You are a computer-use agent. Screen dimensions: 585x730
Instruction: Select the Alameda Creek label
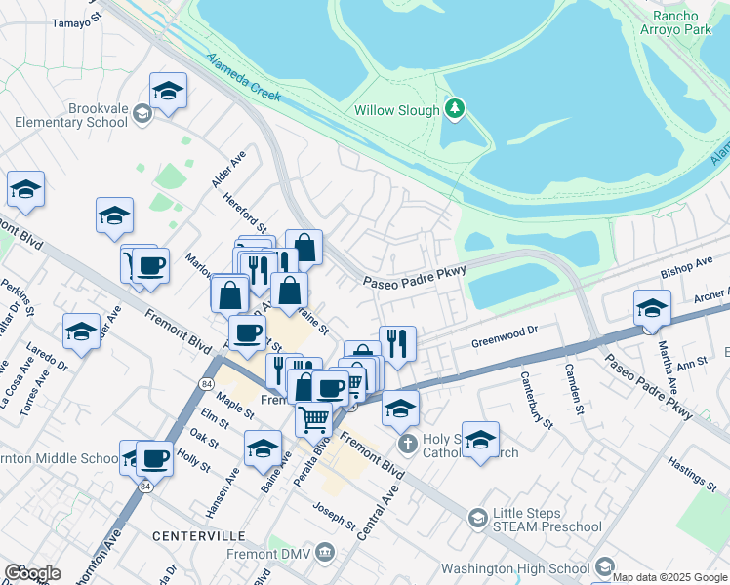tap(244, 77)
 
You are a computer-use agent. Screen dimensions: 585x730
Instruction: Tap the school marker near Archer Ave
tap(652, 309)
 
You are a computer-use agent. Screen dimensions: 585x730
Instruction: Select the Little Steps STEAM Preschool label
tap(547, 520)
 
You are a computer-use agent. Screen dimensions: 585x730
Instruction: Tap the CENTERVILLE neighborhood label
tap(199, 537)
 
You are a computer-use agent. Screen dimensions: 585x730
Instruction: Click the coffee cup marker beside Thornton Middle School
tap(154, 457)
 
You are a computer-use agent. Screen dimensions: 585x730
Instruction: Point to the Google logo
tap(32, 572)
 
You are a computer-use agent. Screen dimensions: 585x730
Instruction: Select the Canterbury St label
tap(537, 399)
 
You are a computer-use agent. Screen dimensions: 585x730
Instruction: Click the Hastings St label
tap(694, 472)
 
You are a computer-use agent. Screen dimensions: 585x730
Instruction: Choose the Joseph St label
tap(335, 516)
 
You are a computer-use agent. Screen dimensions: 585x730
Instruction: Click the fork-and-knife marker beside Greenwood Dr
tap(397, 343)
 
